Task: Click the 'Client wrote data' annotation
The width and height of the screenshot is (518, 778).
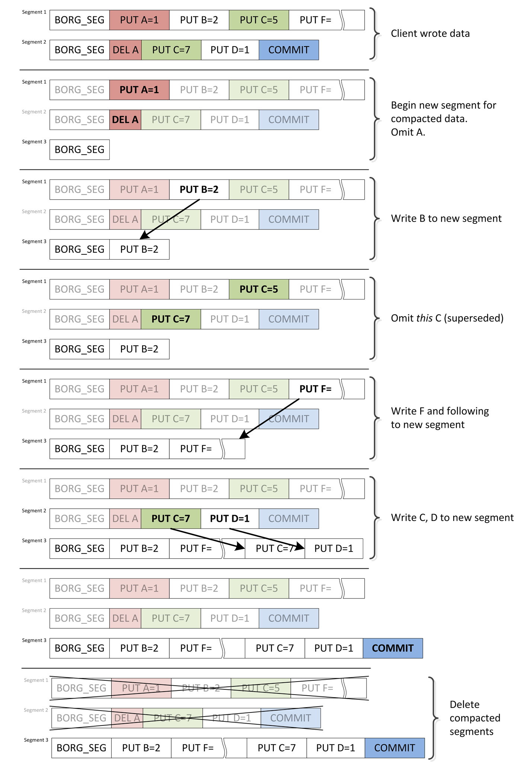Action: click(x=430, y=34)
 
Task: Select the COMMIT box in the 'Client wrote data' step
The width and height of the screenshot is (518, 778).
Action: click(x=289, y=50)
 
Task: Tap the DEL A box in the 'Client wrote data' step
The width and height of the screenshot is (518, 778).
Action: click(x=125, y=50)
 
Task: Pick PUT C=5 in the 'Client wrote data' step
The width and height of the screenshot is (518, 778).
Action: click(x=259, y=20)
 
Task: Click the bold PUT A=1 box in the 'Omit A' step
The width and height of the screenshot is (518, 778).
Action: click(x=139, y=90)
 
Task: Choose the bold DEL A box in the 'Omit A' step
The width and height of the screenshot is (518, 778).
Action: click(x=125, y=120)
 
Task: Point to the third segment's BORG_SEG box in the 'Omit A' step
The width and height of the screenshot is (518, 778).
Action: click(x=80, y=150)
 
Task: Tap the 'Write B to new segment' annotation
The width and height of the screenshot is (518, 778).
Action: click(x=446, y=219)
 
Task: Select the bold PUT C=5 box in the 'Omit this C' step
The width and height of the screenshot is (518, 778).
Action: click(x=259, y=289)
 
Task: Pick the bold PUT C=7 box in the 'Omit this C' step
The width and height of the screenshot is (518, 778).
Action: click(x=171, y=319)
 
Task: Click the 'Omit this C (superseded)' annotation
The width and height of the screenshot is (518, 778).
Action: click(x=447, y=318)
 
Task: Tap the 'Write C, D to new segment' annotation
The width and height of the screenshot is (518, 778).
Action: click(x=452, y=518)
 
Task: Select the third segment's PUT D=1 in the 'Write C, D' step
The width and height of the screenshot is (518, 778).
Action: click(x=334, y=548)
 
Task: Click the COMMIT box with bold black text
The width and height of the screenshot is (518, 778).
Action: click(x=393, y=648)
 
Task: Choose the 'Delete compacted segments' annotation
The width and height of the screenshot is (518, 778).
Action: click(x=474, y=718)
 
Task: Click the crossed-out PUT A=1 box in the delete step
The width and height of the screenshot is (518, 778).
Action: click(x=141, y=688)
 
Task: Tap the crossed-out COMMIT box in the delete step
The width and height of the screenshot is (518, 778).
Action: click(x=291, y=718)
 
